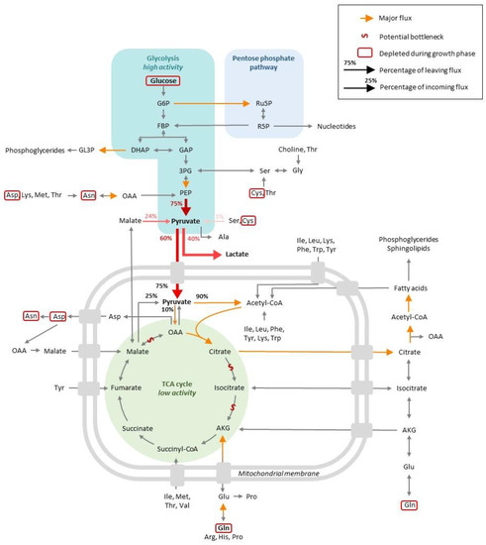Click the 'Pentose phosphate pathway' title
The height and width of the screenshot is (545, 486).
tap(261, 63)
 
